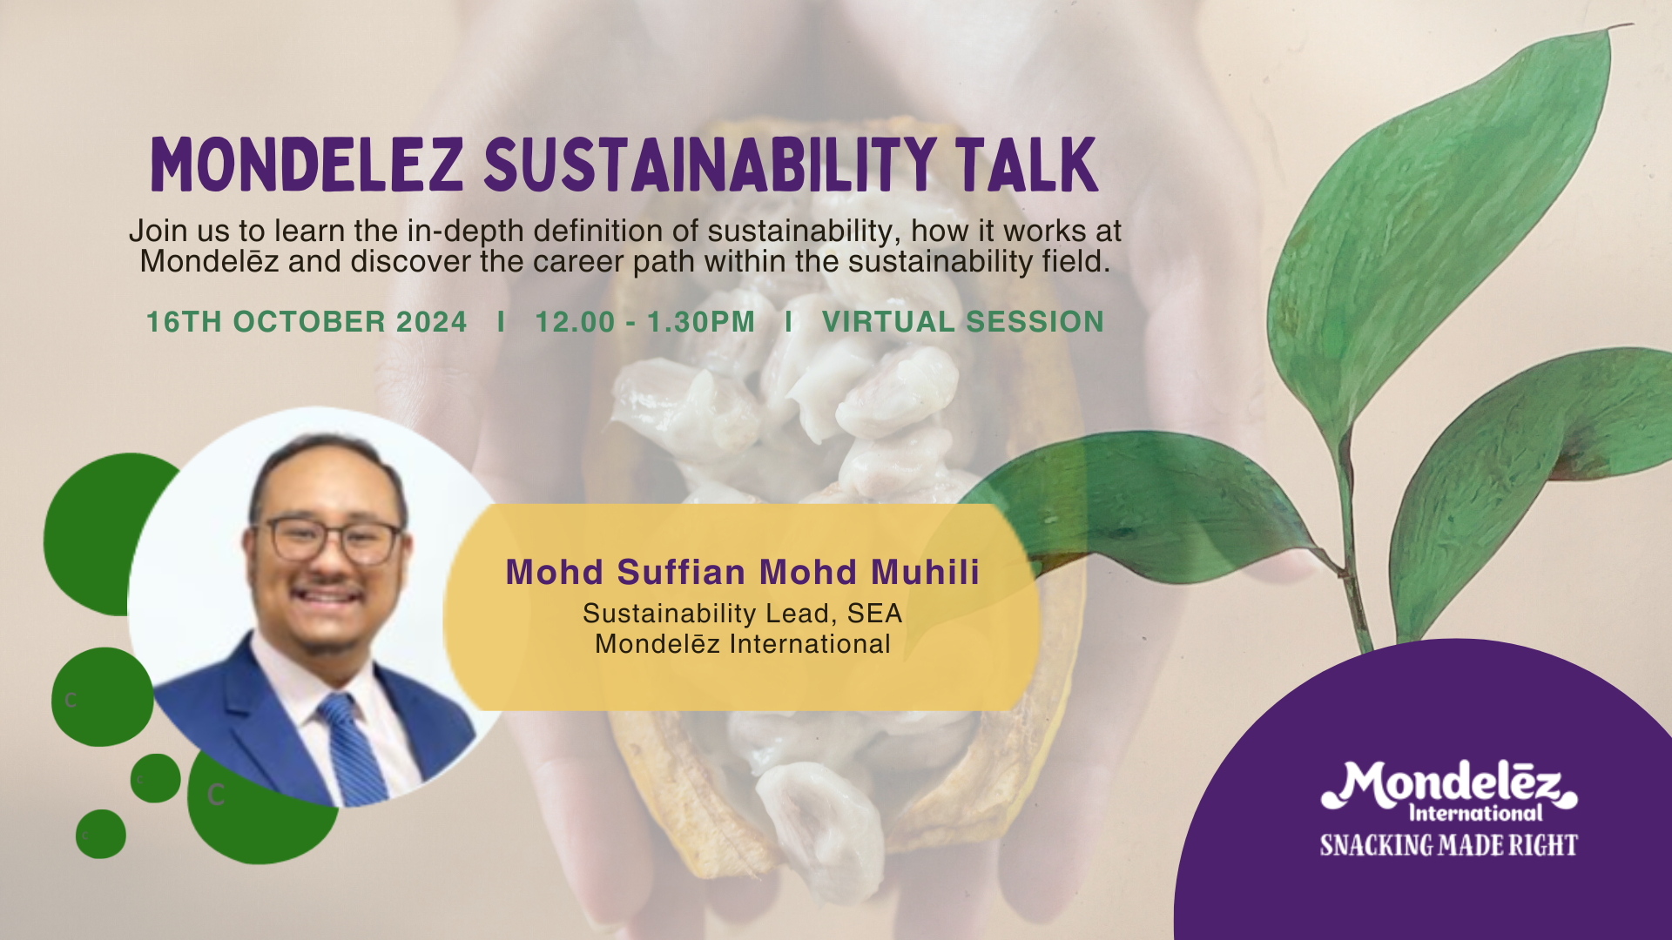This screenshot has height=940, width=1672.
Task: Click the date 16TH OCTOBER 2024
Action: [x=307, y=322]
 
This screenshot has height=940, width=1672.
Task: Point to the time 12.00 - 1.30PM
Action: [x=644, y=322]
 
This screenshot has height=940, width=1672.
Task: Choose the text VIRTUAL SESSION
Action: [x=962, y=322]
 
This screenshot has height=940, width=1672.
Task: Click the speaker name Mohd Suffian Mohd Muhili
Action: [x=743, y=572]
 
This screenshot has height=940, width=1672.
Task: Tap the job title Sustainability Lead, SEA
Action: [x=743, y=614]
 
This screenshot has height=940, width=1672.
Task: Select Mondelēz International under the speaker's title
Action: [x=743, y=644]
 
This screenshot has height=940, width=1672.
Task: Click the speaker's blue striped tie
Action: [x=353, y=749]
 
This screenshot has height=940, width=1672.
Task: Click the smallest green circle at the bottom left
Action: [x=101, y=834]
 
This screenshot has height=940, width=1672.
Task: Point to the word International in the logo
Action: [x=1475, y=814]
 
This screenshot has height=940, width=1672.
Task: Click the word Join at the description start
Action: [x=158, y=231]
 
